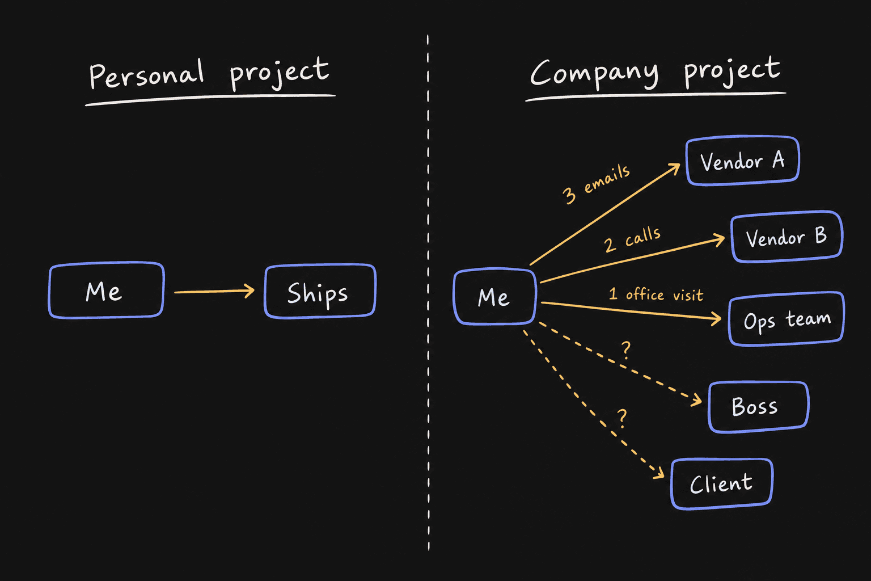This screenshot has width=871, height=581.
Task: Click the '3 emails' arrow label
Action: pos(596,184)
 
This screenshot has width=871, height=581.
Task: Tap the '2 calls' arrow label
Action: pos(632,239)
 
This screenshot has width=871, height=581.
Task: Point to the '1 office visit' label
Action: pos(656,294)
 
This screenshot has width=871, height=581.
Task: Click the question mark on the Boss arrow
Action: pos(625,350)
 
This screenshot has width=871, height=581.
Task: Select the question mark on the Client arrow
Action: pos(622,418)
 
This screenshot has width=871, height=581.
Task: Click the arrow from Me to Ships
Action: pos(214,291)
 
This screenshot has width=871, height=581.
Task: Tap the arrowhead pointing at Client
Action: pos(659,473)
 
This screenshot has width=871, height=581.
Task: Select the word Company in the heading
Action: pos(594,74)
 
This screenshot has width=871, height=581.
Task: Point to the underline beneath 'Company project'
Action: pos(656,96)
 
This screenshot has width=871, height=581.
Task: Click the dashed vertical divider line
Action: pos(428,292)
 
